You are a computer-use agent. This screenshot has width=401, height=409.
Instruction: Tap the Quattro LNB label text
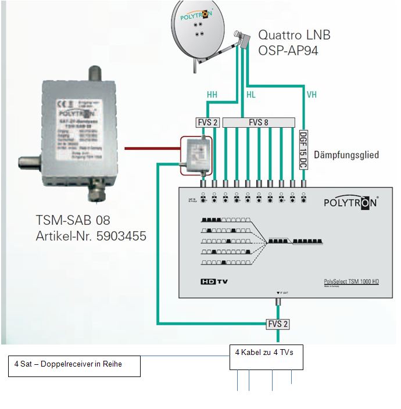point(294,35)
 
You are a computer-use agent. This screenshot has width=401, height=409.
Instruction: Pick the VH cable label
point(312,94)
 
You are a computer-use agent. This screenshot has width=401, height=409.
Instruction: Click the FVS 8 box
point(259,122)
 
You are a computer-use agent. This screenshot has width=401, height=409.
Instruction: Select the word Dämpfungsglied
point(346,155)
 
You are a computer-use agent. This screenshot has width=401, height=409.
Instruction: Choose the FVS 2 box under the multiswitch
point(278,324)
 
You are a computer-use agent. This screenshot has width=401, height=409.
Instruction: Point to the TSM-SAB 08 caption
point(73,221)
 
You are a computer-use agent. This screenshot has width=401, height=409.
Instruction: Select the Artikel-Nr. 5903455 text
point(89,236)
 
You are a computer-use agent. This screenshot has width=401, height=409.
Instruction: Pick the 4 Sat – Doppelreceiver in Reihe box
point(74,366)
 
